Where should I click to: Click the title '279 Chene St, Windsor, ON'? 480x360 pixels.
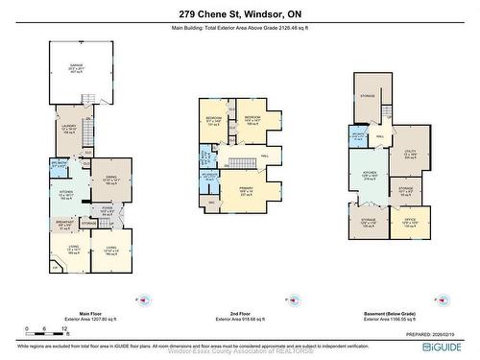(x=240, y=14)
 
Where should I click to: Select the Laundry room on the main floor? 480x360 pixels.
(x=68, y=131)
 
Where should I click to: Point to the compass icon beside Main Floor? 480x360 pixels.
(x=144, y=299)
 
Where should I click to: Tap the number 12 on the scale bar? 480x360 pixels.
(x=61, y=326)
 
